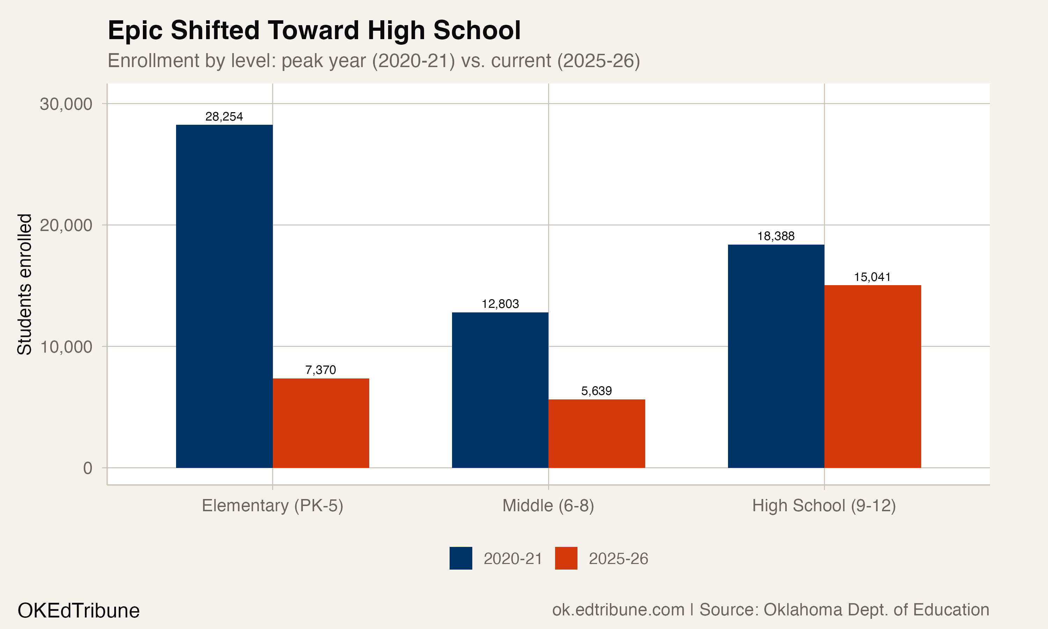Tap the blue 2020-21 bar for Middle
(500, 390)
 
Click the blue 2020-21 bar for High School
(776, 356)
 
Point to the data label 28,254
(224, 117)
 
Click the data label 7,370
(321, 370)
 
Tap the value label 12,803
(500, 304)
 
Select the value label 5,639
(596, 391)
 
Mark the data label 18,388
(776, 236)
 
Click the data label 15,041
(873, 277)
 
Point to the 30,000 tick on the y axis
(66, 104)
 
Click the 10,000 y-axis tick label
(66, 347)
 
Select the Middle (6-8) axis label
(548, 506)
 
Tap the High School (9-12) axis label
(824, 506)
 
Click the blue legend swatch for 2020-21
(460, 558)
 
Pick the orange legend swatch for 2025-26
(566, 558)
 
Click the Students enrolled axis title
(24, 284)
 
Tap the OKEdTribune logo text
(78, 611)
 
